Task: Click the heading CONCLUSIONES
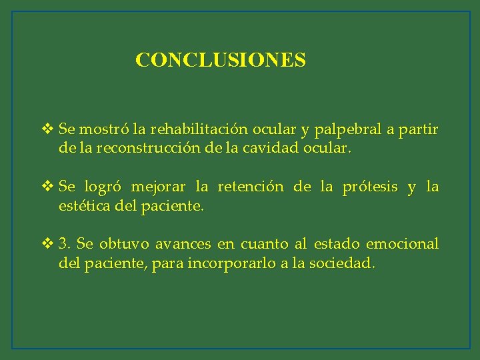[x=221, y=60]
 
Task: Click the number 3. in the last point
[x=65, y=244]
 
